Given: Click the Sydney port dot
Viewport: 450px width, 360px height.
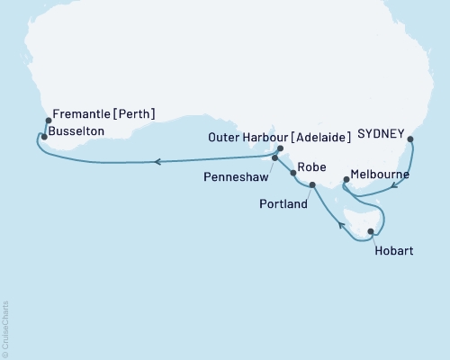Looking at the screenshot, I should (410, 139).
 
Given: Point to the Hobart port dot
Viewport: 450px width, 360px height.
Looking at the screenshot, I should (371, 232).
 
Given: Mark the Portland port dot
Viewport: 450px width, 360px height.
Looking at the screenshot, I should (312, 185).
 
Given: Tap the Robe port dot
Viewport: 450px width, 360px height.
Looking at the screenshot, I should (293, 172).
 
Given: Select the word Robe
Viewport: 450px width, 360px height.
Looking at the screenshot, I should (311, 166).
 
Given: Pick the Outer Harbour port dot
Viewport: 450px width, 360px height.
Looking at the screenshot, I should (281, 148).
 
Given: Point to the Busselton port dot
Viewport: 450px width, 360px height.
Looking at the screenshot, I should (44, 137).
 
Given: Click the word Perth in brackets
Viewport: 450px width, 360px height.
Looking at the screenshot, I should (131, 114).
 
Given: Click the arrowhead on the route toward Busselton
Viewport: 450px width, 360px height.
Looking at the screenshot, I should (157, 162).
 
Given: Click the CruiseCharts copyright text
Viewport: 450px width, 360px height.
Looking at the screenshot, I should (5, 328).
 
